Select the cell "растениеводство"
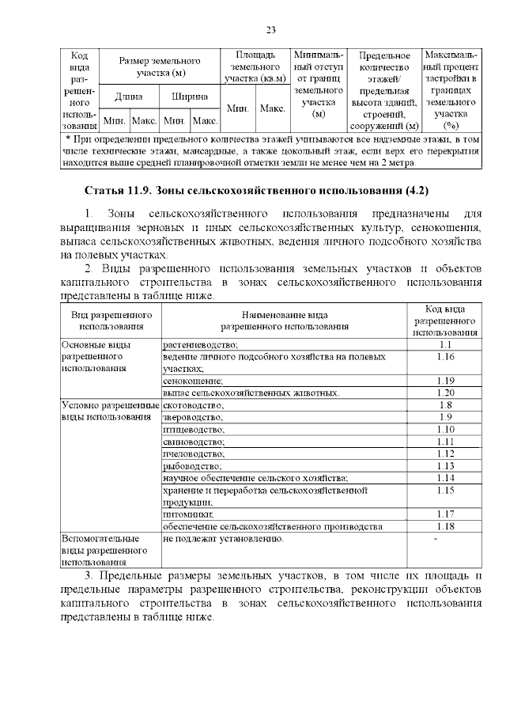(200, 345)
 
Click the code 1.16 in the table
(444, 358)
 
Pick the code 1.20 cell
(444, 393)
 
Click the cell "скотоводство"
(194, 405)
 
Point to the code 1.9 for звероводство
(444, 417)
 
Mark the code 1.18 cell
(444, 526)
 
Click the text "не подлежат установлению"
(222, 538)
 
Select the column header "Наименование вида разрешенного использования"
(284, 320)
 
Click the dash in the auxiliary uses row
(435, 539)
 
